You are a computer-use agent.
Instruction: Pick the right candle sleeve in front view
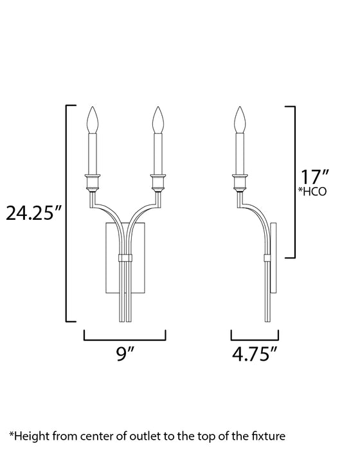(x=157, y=153)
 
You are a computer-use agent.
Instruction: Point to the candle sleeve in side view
(x=240, y=153)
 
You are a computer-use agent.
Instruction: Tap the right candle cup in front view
(x=157, y=181)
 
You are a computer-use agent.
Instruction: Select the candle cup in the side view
(x=240, y=181)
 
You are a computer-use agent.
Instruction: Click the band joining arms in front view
(x=125, y=258)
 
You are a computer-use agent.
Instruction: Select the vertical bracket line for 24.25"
(x=67, y=212)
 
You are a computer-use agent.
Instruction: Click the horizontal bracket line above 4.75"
(x=255, y=338)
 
